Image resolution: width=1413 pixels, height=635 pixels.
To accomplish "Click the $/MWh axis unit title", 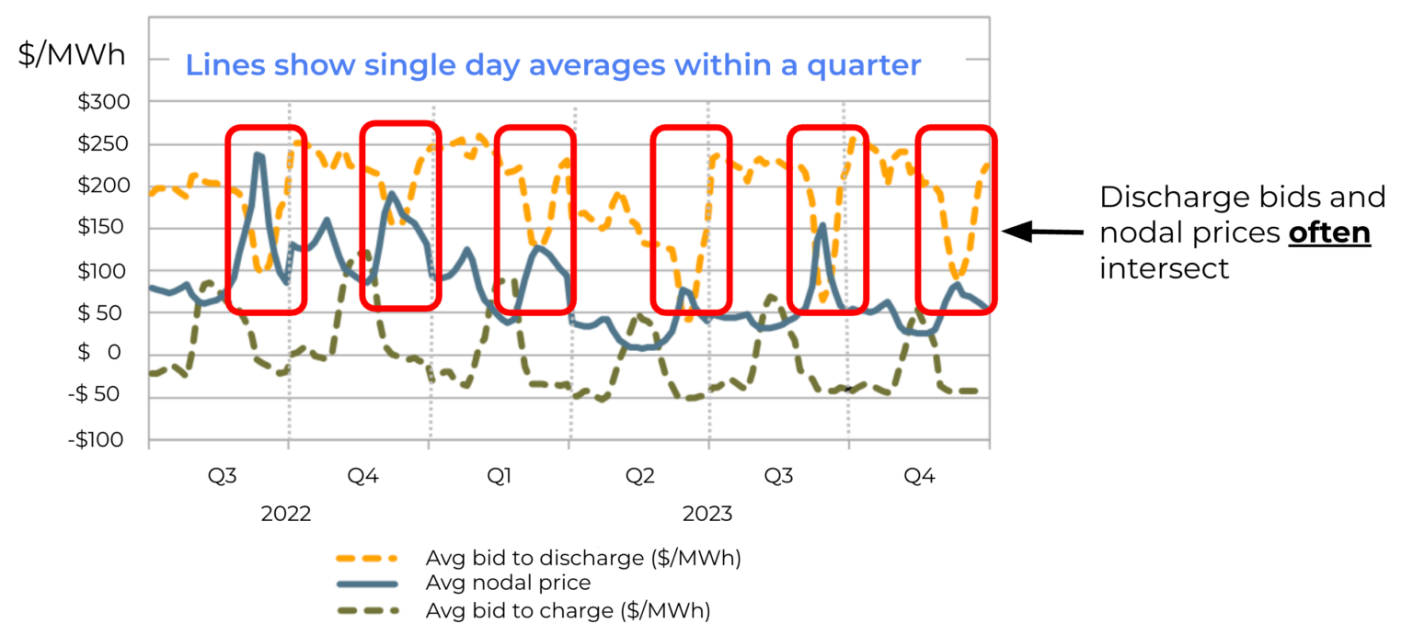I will pos(72,54).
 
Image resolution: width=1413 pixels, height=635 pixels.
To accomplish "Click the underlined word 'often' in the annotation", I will pos(1329,233).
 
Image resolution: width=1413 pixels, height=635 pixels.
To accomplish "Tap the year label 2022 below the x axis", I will pos(286,514).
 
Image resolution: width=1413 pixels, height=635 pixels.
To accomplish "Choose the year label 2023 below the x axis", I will pos(706,514).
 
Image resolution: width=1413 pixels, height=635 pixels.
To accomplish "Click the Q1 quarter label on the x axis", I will pos(500,476).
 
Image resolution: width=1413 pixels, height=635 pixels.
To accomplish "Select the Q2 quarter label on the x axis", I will pos(640,476).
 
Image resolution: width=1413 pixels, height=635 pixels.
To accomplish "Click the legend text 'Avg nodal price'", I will pos(508,583).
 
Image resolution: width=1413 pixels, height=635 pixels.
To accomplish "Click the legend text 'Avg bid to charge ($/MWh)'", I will pos(568,608).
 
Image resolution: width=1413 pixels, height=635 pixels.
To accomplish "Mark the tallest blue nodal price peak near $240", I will pos(259,156).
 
